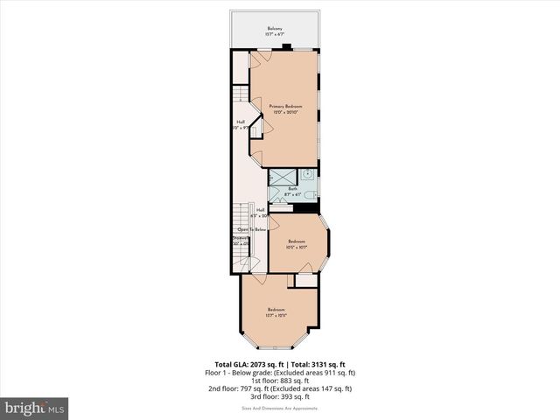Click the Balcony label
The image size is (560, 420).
point(275,29)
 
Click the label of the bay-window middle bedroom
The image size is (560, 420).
point(297,241)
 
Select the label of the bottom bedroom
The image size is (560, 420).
point(276,310)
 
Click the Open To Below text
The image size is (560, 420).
point(251,228)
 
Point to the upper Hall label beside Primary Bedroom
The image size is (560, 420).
point(241,122)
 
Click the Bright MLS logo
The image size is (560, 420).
point(35,408)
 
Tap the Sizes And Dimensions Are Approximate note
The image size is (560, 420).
point(280,408)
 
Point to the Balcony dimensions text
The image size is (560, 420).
point(275,35)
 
